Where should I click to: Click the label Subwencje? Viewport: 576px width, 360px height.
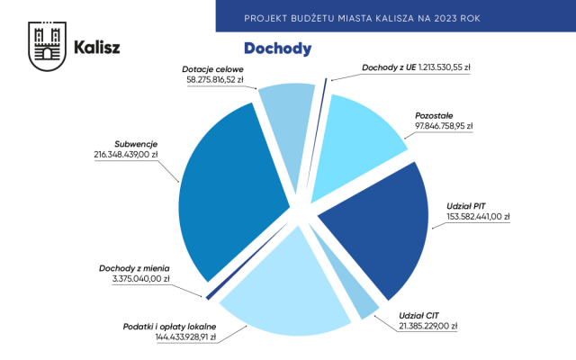click(136, 143)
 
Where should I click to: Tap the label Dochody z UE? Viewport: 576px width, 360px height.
click(387, 68)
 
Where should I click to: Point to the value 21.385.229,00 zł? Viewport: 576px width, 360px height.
click(428, 325)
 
